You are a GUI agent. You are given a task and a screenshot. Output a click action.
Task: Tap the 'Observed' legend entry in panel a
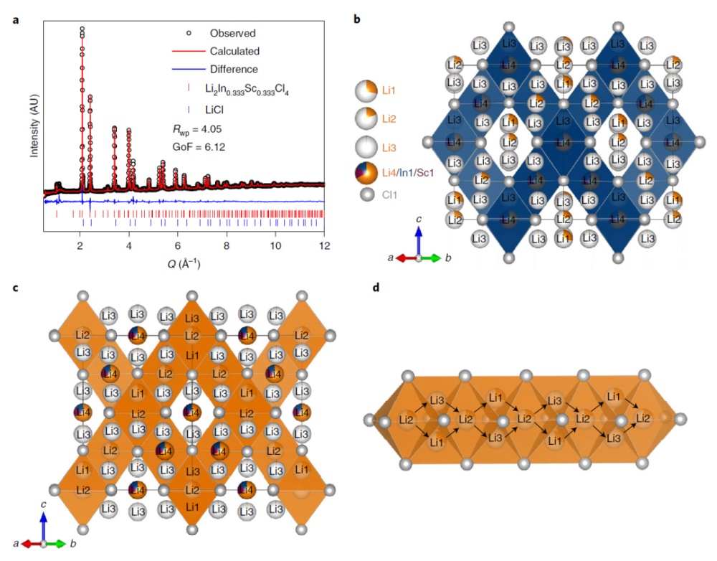[232, 33]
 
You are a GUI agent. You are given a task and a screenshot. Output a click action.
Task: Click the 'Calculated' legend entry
[234, 51]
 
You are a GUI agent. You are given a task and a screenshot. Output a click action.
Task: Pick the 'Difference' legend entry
[234, 69]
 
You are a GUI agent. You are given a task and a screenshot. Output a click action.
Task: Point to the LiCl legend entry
[222, 110]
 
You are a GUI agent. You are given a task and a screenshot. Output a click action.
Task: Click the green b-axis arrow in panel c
[57, 544]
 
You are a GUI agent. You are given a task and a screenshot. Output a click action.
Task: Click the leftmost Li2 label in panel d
[407, 419]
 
